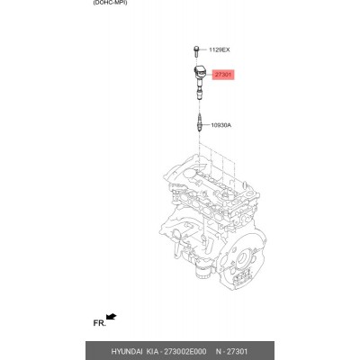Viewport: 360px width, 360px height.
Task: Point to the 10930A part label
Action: tap(221, 125)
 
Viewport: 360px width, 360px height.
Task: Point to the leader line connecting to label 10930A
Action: tap(204, 125)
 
